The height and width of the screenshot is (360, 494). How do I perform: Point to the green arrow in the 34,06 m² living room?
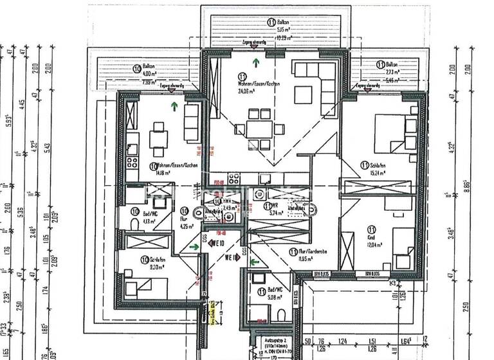pyautogui.click(x=257, y=62)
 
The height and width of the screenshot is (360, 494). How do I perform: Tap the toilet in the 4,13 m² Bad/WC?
pyautogui.click(x=133, y=222)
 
